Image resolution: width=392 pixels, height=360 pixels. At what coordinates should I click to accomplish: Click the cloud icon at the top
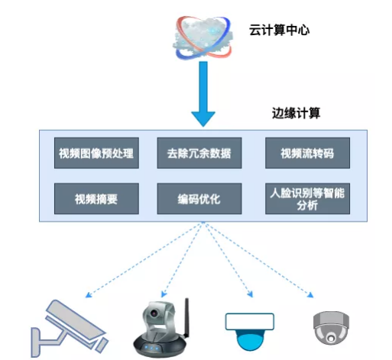pos(202,37)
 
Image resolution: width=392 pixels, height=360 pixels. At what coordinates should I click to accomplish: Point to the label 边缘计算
pos(296,113)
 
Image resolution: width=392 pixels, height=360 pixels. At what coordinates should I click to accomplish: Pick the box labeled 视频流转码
pos(300,154)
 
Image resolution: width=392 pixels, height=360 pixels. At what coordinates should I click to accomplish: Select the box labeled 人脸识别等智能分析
pos(300,199)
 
